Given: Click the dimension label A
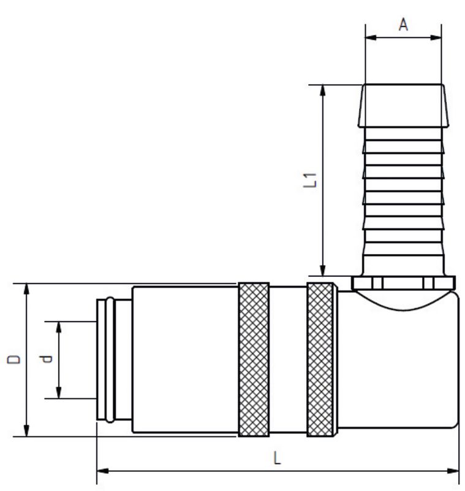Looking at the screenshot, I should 403,25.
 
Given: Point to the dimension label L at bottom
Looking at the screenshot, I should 278,458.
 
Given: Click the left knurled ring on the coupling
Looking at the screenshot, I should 253,360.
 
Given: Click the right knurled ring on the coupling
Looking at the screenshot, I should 320,360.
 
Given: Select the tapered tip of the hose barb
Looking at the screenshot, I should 403,105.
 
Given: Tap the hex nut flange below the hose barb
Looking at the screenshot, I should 404,282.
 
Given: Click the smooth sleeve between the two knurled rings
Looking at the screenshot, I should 287,360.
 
